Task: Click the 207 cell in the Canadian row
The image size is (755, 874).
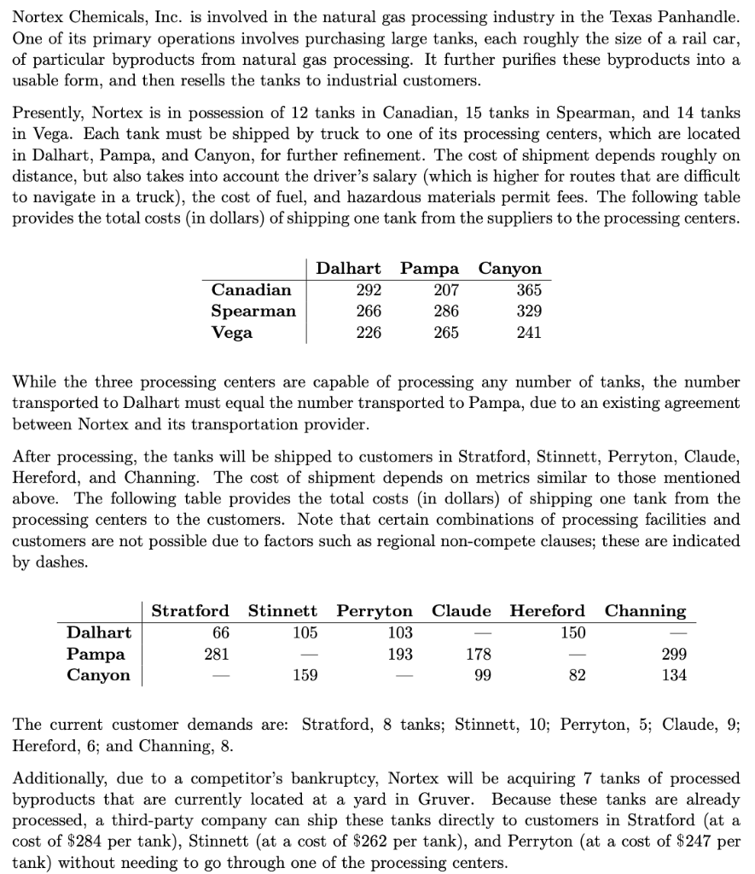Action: pyautogui.click(x=445, y=289)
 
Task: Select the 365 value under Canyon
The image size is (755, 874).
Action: pyautogui.click(x=529, y=289)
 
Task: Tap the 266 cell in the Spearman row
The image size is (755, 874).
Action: pyautogui.click(x=369, y=311)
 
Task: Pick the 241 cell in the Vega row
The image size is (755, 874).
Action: pyautogui.click(x=529, y=332)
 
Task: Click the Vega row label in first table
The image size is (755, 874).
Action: pyautogui.click(x=232, y=332)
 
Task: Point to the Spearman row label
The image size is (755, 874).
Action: pyautogui.click(x=253, y=311)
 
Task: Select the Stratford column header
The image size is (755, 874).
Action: pyautogui.click(x=190, y=610)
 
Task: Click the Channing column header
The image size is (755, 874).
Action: pyautogui.click(x=645, y=610)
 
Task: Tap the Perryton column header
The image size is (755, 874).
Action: pyautogui.click(x=375, y=610)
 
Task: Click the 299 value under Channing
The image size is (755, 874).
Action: pyautogui.click(x=674, y=654)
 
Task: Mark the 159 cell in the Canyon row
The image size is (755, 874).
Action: pyautogui.click(x=305, y=675)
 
